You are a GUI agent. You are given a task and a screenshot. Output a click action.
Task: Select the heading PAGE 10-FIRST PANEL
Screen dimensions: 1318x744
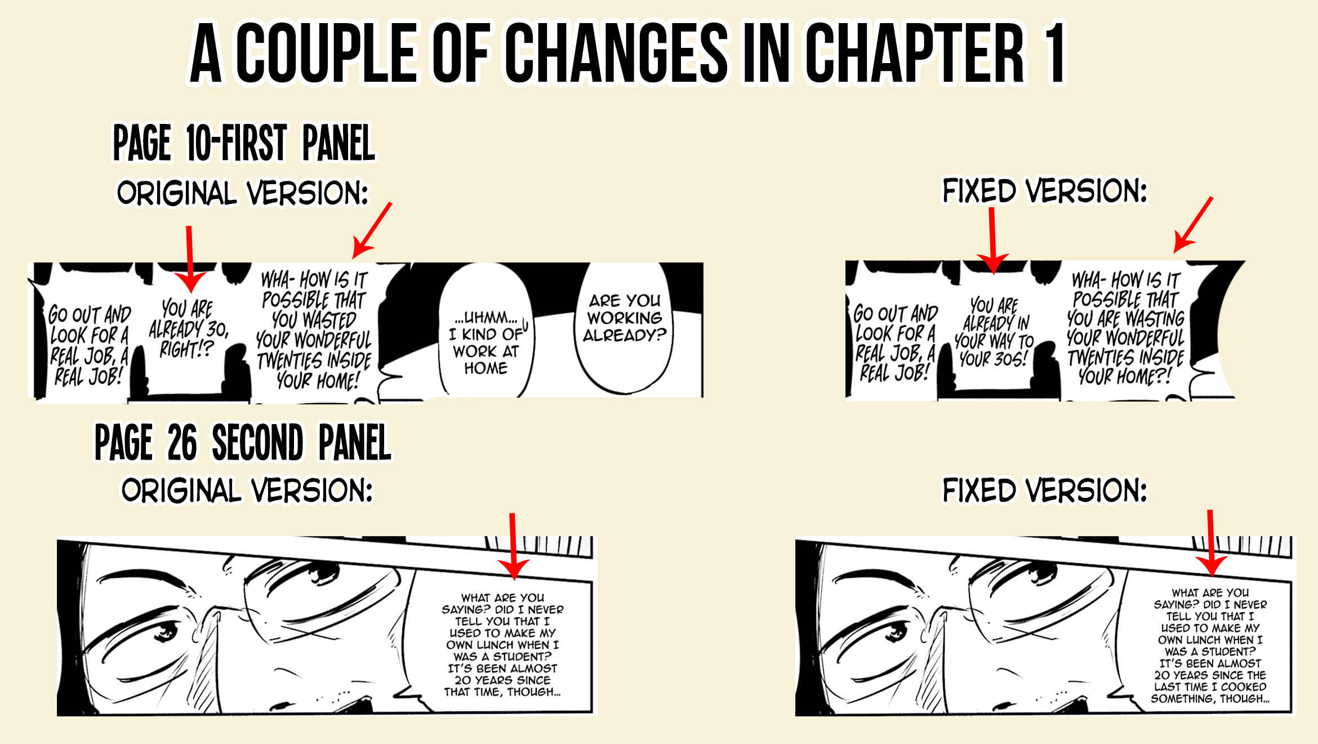pyautogui.click(x=244, y=143)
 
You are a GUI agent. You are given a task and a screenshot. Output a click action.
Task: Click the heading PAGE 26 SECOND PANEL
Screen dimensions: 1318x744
pyautogui.click(x=243, y=443)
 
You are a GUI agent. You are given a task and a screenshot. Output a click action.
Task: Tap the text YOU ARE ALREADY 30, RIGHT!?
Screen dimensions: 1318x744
pyautogui.click(x=188, y=328)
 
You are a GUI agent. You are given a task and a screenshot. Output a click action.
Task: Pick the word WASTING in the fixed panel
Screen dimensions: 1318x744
pyautogui.click(x=1155, y=318)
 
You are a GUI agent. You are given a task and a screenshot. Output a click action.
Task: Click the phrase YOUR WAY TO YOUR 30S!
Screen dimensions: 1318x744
pyautogui.click(x=994, y=350)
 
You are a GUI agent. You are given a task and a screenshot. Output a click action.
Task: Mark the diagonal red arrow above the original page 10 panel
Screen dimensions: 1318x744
pyautogui.click(x=372, y=230)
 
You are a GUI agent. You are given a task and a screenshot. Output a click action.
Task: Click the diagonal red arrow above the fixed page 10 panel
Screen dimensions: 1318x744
pyautogui.click(x=1193, y=225)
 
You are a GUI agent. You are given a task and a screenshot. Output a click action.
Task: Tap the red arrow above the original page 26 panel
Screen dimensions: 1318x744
pyautogui.click(x=513, y=546)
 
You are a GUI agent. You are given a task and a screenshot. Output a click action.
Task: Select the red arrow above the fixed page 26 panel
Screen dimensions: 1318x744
pyautogui.click(x=1211, y=543)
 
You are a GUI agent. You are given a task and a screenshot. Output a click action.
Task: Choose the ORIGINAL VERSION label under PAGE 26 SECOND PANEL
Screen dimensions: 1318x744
pyautogui.click(x=247, y=491)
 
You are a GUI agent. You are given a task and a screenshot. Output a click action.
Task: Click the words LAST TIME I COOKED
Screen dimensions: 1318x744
pyautogui.click(x=1210, y=687)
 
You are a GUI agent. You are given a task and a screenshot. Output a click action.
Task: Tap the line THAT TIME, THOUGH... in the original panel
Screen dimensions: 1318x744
pyautogui.click(x=502, y=692)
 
